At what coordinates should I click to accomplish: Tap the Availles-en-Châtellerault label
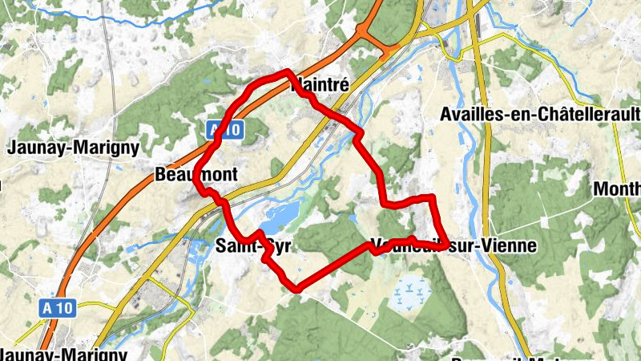(x=539, y=115)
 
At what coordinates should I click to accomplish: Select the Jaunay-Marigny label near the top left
(x=73, y=148)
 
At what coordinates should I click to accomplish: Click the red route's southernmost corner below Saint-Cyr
(x=296, y=288)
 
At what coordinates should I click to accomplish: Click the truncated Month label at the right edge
(x=618, y=190)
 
